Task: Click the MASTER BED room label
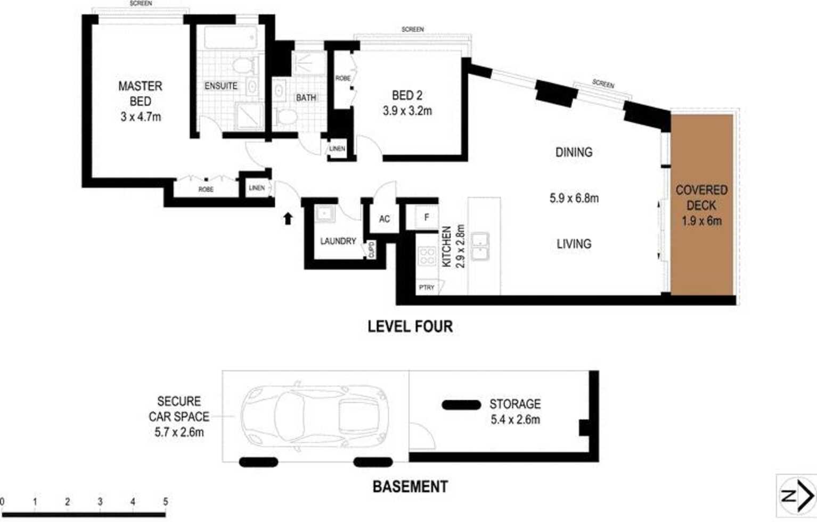tap(141, 94)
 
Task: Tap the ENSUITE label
tap(220, 86)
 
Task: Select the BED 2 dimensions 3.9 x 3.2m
tap(407, 111)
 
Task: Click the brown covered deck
tap(702, 204)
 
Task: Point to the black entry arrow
tap(288, 218)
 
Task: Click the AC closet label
tap(385, 219)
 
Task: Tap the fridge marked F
tap(427, 217)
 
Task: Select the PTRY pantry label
tap(427, 287)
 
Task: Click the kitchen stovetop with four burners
tap(427, 255)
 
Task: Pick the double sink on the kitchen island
tap(480, 246)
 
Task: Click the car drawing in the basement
tap(314, 416)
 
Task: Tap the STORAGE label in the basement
tap(515, 404)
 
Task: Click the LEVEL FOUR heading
tap(410, 326)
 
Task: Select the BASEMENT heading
tap(410, 487)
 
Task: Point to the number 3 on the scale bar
tap(100, 502)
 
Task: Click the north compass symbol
tap(797, 496)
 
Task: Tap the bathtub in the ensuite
tap(231, 37)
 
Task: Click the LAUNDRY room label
tap(338, 241)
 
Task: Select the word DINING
tap(574, 152)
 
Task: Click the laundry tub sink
tap(324, 214)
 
